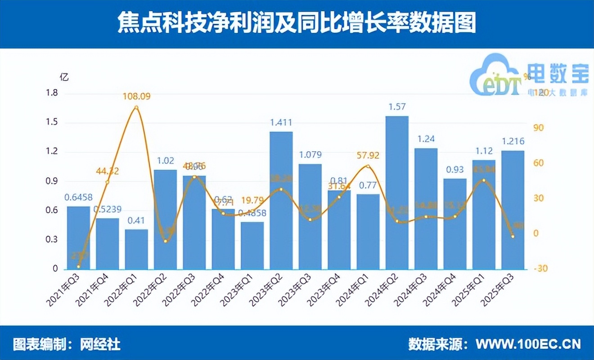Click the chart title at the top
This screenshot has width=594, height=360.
297,23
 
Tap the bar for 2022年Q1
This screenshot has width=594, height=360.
136,249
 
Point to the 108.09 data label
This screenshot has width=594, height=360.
137,96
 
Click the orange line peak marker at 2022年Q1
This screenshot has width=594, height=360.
136,107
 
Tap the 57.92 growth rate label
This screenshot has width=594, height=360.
368,156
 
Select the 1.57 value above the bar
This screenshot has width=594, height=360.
397,107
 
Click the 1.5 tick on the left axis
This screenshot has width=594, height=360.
52,123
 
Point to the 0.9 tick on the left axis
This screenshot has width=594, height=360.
52,181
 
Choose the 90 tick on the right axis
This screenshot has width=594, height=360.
538,128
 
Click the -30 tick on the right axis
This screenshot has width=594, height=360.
540,269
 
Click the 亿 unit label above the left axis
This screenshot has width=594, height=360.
64,76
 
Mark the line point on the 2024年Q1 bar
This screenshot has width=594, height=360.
368,166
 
